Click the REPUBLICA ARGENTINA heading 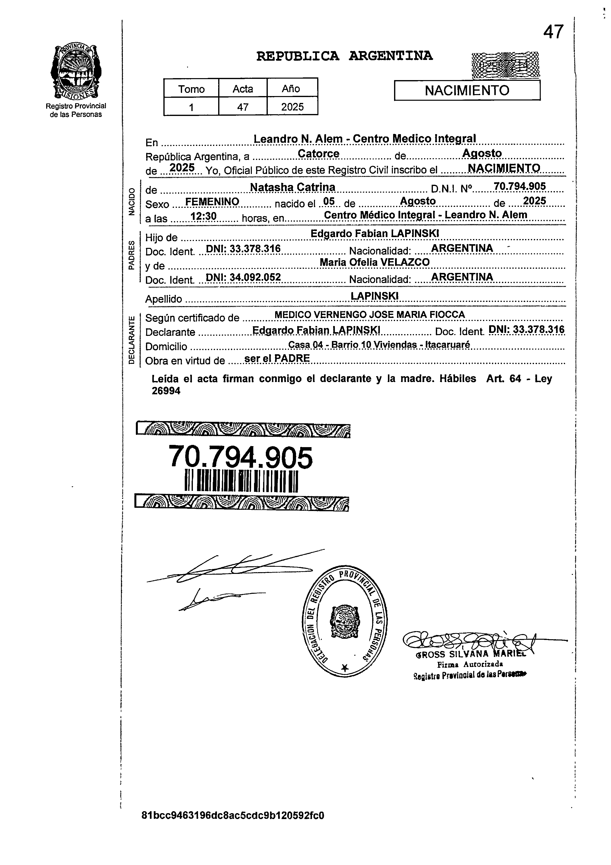[344, 56]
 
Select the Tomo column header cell [191, 89]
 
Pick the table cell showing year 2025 [292, 107]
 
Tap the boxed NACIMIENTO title [467, 90]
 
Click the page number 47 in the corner [553, 32]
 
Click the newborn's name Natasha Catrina [293, 187]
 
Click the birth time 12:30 [203, 216]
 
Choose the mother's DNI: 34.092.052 [243, 277]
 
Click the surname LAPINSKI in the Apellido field [374, 296]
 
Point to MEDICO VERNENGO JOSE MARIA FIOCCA [369, 315]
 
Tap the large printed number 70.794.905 [240, 457]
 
